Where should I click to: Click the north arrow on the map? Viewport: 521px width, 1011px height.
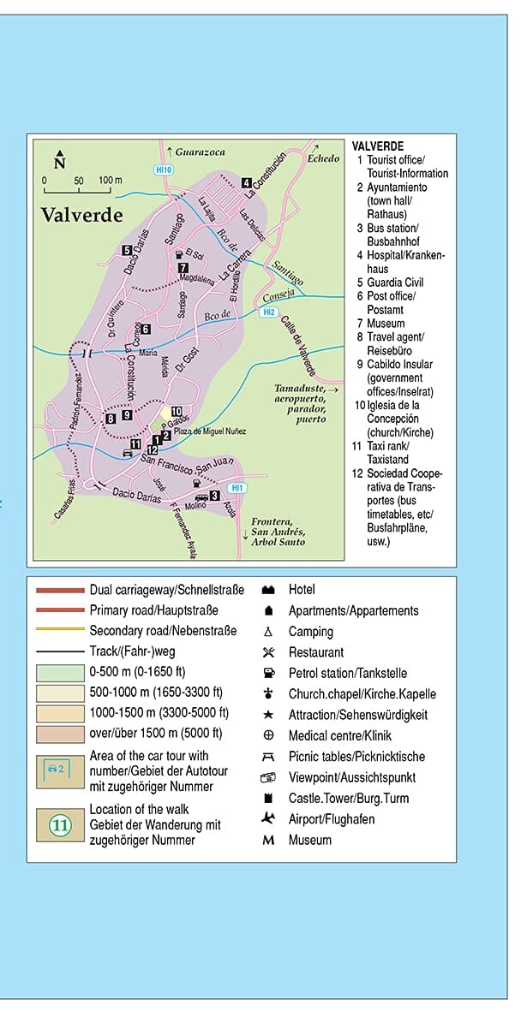59,159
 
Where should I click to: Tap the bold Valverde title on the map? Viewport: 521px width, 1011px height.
81,215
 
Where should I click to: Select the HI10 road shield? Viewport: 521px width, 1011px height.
164,169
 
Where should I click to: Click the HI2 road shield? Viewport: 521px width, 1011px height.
269,312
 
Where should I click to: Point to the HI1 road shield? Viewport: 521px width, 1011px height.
237,488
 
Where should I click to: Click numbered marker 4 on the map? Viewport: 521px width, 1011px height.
246,182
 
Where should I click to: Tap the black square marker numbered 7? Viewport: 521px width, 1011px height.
183,268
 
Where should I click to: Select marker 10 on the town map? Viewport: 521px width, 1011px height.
177,411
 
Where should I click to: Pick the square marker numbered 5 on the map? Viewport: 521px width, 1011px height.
127,251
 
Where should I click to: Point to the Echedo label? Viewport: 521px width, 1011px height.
323,158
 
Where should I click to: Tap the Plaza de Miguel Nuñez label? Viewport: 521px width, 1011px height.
210,431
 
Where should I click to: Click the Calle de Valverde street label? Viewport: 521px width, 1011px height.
299,342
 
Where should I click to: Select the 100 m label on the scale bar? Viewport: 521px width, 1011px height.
111,181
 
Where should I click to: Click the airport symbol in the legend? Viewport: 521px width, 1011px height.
268,819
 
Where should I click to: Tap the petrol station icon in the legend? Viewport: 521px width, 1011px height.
268,673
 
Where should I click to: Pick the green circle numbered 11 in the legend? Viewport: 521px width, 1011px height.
60,826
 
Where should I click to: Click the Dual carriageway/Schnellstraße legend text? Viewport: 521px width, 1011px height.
166,590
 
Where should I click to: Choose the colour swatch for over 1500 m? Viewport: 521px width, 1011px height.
60,734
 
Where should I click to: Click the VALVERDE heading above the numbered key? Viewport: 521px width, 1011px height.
377,146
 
